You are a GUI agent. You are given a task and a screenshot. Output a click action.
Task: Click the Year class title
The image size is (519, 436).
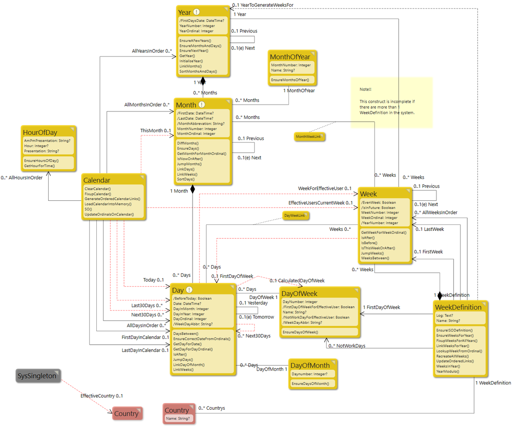185,12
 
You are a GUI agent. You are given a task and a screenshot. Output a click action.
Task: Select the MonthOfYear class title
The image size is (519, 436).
290,57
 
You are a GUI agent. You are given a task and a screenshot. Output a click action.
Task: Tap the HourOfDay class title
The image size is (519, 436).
40,132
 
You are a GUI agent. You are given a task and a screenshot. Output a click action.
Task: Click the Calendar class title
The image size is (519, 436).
97,180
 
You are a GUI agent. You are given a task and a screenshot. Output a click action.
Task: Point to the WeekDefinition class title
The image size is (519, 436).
458,307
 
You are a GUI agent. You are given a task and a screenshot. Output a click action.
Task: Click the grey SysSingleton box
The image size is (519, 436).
37,376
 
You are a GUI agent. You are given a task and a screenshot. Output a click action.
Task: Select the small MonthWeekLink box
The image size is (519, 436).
309,137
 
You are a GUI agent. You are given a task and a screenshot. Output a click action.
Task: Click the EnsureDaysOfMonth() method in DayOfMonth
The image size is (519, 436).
310,383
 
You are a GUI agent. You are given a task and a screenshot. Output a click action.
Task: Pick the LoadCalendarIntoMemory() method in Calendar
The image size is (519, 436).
108,204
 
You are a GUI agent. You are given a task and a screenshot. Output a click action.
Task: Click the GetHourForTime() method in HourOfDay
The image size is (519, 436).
39,166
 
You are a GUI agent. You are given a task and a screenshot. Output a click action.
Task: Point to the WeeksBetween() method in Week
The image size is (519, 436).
375,258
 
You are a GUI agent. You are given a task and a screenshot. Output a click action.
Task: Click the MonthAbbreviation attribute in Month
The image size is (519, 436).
200,123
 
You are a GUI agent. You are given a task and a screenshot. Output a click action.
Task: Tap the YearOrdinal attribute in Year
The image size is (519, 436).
196,31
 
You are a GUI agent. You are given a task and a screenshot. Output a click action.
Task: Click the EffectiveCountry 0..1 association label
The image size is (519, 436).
101,395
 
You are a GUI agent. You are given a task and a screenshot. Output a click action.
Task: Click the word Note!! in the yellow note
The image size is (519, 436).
366,90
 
